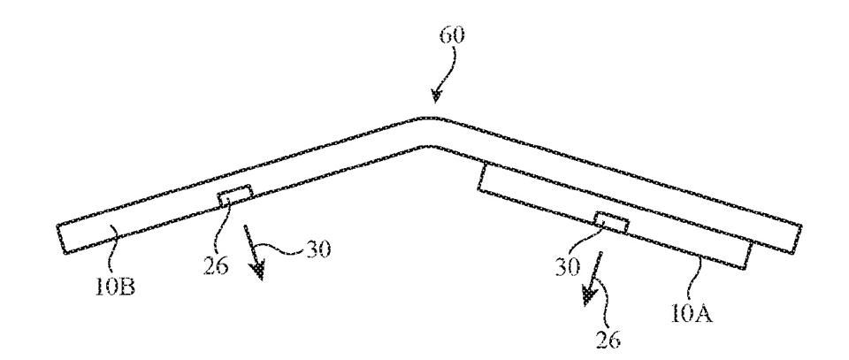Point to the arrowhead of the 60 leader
tap(436, 96)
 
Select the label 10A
tap(692, 313)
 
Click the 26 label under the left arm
tap(216, 265)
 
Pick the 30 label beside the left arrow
tap(317, 249)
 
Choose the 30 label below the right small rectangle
tap(567, 266)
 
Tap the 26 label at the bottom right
tap(608, 339)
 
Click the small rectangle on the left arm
tap(235, 196)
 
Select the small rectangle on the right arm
tap(612, 223)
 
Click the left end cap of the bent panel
tap(61, 239)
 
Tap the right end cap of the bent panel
tap(797, 239)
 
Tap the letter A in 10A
tap(704, 313)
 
